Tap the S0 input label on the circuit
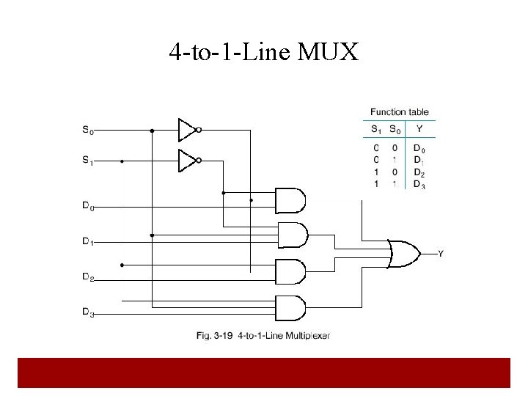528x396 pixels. pyautogui.click(x=88, y=131)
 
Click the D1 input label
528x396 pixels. pyautogui.click(x=88, y=241)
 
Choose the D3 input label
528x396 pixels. pyautogui.click(x=88, y=313)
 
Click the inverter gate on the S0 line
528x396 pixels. pyautogui.click(x=188, y=130)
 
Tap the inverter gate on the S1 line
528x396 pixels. pyautogui.click(x=188, y=160)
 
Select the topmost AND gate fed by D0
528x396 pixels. pyautogui.click(x=290, y=199)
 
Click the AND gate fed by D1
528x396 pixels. pyautogui.click(x=290, y=235)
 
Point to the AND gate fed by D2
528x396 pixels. pyautogui.click(x=290, y=271)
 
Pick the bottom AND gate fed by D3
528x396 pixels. pyautogui.click(x=290, y=307)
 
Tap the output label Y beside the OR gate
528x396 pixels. pyautogui.click(x=440, y=254)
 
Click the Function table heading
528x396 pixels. pyautogui.click(x=400, y=112)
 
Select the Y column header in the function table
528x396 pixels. pyautogui.click(x=419, y=131)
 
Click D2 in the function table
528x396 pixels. pyautogui.click(x=419, y=174)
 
